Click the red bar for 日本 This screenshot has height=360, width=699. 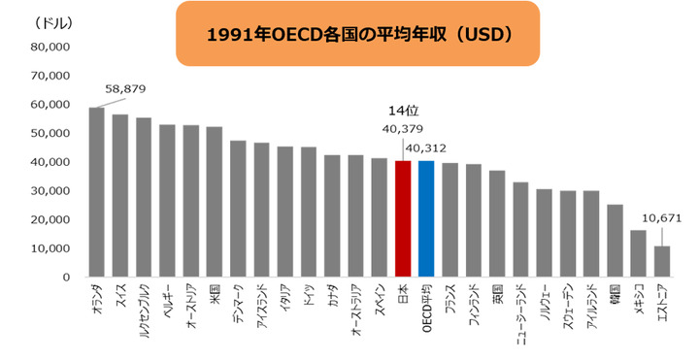403,218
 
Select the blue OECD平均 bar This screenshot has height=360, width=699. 426,218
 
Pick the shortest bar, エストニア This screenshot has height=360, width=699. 662,261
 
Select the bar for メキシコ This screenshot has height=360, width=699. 639,253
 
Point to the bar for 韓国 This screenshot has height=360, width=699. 615,241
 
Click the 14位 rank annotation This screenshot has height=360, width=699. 403,112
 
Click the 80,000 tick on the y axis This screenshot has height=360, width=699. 50,47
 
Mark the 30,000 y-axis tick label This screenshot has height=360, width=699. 50,190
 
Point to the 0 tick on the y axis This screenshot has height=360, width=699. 66,278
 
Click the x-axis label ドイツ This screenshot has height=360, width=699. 309,294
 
